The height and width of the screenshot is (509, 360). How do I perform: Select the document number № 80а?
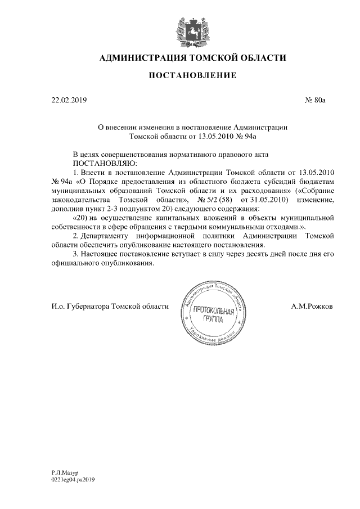(315, 101)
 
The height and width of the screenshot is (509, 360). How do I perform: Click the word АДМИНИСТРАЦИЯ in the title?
(136, 57)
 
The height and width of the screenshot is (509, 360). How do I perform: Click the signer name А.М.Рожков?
(312, 306)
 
